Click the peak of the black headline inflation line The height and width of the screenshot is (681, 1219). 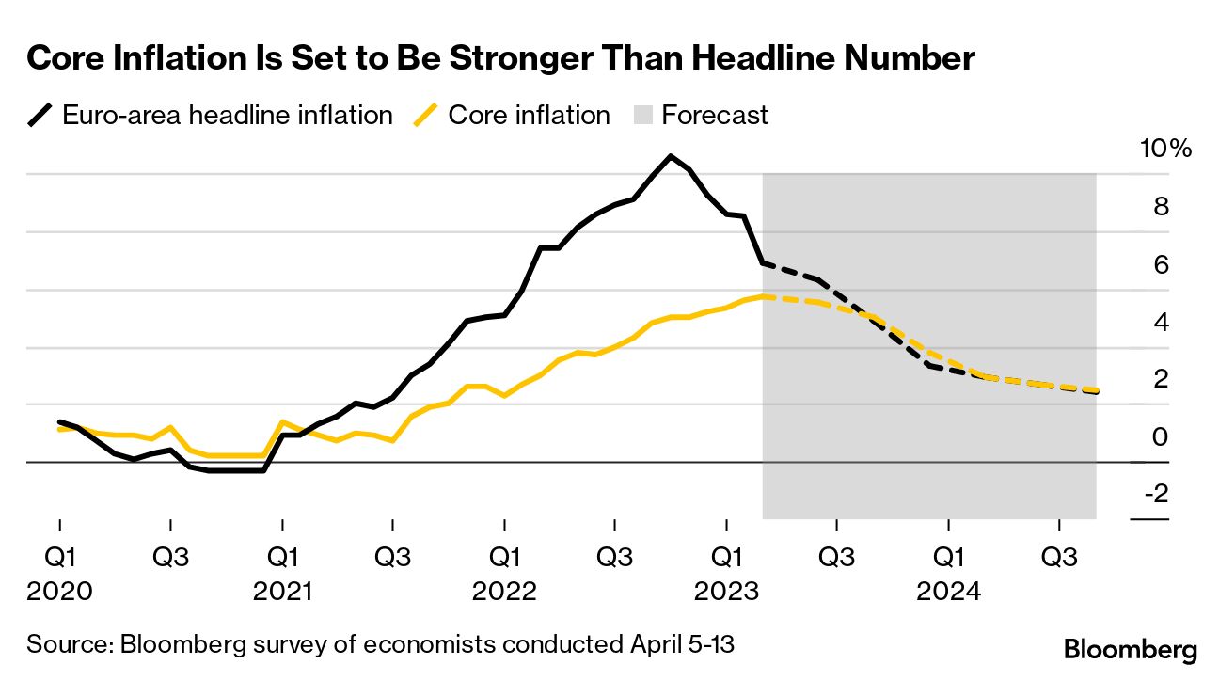pyautogui.click(x=671, y=156)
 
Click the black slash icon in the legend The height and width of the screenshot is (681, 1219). pyautogui.click(x=41, y=116)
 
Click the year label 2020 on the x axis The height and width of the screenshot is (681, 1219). pyautogui.click(x=59, y=592)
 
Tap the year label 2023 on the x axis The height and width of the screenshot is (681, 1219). pyautogui.click(x=725, y=592)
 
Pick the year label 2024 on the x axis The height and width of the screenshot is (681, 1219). pyautogui.click(x=948, y=592)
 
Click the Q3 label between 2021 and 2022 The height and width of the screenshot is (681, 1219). pyautogui.click(x=392, y=556)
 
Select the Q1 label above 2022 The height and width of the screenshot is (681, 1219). pyautogui.click(x=505, y=556)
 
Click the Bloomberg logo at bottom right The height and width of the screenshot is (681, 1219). pyautogui.click(x=1130, y=649)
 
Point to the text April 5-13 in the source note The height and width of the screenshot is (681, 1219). pyautogui.click(x=680, y=645)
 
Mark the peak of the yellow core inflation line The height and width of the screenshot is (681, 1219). pyautogui.click(x=766, y=296)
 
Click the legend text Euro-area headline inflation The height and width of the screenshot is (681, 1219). pyautogui.click(x=227, y=116)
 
